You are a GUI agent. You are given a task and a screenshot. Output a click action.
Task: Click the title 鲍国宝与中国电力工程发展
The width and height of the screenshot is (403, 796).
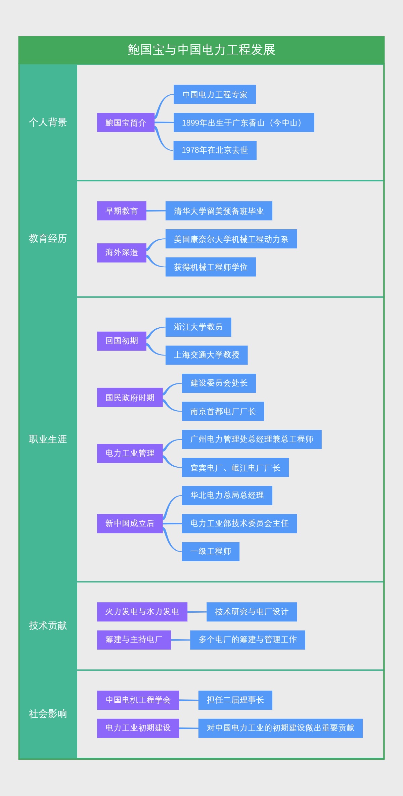[201, 50]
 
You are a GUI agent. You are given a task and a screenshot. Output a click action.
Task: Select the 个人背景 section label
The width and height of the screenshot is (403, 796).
[48, 122]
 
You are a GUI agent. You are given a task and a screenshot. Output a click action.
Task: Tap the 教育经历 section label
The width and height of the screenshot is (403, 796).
[48, 238]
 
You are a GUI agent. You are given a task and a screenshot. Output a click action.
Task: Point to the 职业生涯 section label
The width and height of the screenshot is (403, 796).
[48, 439]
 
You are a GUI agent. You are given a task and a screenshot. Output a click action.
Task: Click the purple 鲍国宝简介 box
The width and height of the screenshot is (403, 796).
[126, 123]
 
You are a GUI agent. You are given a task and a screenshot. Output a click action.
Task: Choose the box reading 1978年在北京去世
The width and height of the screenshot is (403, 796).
[215, 150]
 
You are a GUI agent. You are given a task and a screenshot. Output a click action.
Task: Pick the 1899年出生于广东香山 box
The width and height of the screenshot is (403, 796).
[244, 123]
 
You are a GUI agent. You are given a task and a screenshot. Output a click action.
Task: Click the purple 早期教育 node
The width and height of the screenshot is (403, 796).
[122, 211]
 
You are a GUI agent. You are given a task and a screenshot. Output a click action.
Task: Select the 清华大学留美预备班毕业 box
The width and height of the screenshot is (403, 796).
[219, 211]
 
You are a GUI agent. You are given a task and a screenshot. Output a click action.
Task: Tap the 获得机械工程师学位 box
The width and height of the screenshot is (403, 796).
[211, 267]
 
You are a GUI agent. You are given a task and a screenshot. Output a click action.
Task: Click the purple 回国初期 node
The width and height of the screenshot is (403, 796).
[122, 341]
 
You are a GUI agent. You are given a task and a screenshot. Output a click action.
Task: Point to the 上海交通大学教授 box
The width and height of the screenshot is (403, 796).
[207, 355]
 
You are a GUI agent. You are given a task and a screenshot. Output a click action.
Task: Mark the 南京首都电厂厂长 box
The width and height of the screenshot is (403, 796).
[223, 411]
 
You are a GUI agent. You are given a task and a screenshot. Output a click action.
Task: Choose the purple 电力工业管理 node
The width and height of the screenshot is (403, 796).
[130, 453]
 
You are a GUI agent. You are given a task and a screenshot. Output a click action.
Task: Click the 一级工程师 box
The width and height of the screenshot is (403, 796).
[211, 551]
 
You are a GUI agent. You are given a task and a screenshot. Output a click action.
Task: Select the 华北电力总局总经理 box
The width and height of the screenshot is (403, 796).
[227, 495]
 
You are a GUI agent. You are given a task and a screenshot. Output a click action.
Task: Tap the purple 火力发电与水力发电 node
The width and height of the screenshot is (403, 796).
[142, 612]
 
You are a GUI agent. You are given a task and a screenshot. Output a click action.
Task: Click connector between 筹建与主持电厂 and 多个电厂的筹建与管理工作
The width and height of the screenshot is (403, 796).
[180, 640]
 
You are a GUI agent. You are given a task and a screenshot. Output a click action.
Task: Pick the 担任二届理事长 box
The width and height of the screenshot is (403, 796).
[235, 700]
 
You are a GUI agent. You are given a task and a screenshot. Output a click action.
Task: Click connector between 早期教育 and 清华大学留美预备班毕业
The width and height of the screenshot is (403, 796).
[156, 211]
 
